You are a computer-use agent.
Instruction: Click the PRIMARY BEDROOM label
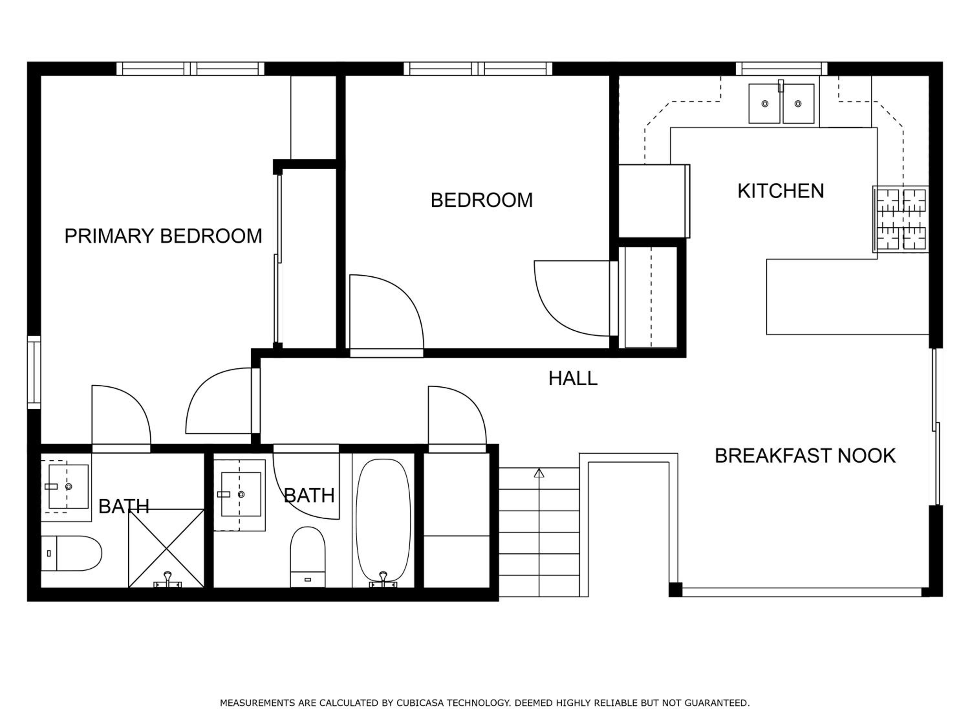pos(163,236)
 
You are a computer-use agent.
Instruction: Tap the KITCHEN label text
pos(781,191)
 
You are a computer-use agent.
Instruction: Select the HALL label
pos(573,378)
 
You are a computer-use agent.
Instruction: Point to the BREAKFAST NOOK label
pos(805,456)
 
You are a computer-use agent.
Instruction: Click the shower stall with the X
pos(166,548)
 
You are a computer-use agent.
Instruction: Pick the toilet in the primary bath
pos(71,553)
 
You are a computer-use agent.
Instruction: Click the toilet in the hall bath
pos(307,557)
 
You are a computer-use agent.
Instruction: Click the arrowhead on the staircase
pos(539,473)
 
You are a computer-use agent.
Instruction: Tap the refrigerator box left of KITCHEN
pos(654,201)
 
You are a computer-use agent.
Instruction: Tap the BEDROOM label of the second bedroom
pos(481,200)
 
